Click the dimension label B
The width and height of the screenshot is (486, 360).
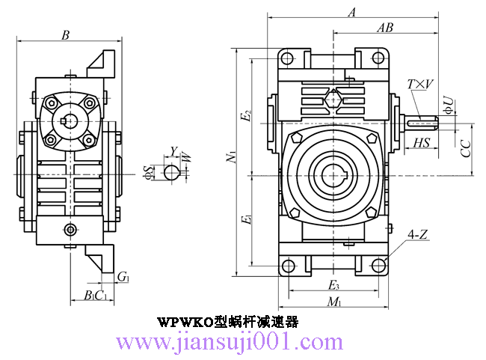tap(66, 35)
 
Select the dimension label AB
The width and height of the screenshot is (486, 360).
tap(385, 28)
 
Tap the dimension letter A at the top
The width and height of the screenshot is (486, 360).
tap(353, 11)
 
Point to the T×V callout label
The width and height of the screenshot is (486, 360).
tap(420, 85)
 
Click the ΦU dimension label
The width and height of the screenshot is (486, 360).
tap(447, 105)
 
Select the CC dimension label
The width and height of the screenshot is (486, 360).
tap(465, 147)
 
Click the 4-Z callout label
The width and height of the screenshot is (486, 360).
tap(418, 235)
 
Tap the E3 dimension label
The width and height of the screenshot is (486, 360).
tap(334, 286)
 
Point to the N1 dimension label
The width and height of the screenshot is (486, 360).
tap(232, 158)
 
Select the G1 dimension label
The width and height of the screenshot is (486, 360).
tap(123, 278)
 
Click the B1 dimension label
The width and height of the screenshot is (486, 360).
tap(90, 295)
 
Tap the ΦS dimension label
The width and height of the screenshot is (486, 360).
tap(149, 173)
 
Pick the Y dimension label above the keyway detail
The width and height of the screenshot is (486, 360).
tap(173, 151)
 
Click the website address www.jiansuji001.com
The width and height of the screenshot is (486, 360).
tap(230, 343)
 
